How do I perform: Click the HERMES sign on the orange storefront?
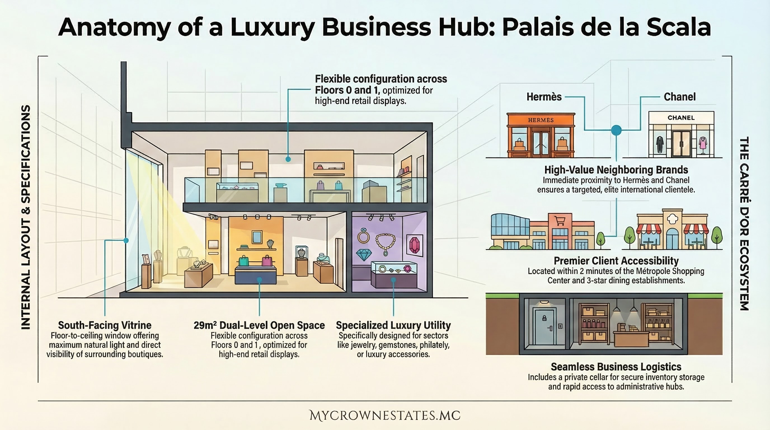(x=541, y=120)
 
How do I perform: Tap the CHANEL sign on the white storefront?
(x=681, y=118)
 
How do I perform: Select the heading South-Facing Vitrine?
(x=105, y=325)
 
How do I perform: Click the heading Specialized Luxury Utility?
(x=393, y=325)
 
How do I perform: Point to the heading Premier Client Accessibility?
(x=616, y=261)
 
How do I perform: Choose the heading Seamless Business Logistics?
(x=616, y=367)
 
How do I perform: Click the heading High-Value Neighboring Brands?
(x=616, y=170)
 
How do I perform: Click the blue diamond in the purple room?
(x=364, y=254)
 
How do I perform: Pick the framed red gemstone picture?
(x=415, y=245)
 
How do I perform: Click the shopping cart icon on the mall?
(x=560, y=221)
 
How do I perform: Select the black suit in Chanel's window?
(x=660, y=144)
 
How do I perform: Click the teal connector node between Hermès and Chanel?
(x=616, y=130)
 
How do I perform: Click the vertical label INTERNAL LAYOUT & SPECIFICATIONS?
(x=26, y=217)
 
